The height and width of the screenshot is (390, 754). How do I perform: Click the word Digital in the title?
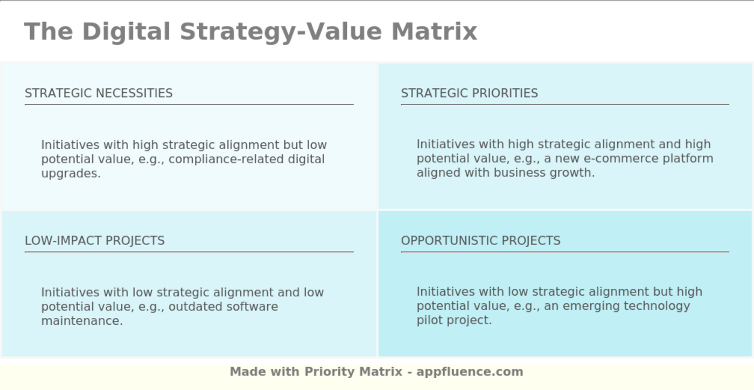126,31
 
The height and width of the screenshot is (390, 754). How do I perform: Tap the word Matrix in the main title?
434,31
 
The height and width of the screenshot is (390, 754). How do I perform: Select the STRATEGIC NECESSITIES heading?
99,93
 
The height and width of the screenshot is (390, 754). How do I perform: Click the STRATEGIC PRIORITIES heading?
469,93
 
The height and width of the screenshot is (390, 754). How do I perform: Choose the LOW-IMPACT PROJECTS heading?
95,241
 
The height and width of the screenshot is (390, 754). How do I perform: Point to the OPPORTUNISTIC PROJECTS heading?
480,241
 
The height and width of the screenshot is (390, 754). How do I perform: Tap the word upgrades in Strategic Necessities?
71,173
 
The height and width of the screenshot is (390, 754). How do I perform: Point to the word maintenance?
82,321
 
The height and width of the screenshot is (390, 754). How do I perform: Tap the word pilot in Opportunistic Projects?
430,320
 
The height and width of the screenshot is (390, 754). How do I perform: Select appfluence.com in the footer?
470,372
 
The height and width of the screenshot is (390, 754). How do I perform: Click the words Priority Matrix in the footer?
353,372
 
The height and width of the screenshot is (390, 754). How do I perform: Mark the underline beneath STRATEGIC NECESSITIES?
189,105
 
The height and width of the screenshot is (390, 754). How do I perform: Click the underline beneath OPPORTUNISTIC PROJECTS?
565,252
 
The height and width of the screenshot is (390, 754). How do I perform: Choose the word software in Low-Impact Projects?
252,307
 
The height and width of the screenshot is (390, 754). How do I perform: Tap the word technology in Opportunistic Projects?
657,306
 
